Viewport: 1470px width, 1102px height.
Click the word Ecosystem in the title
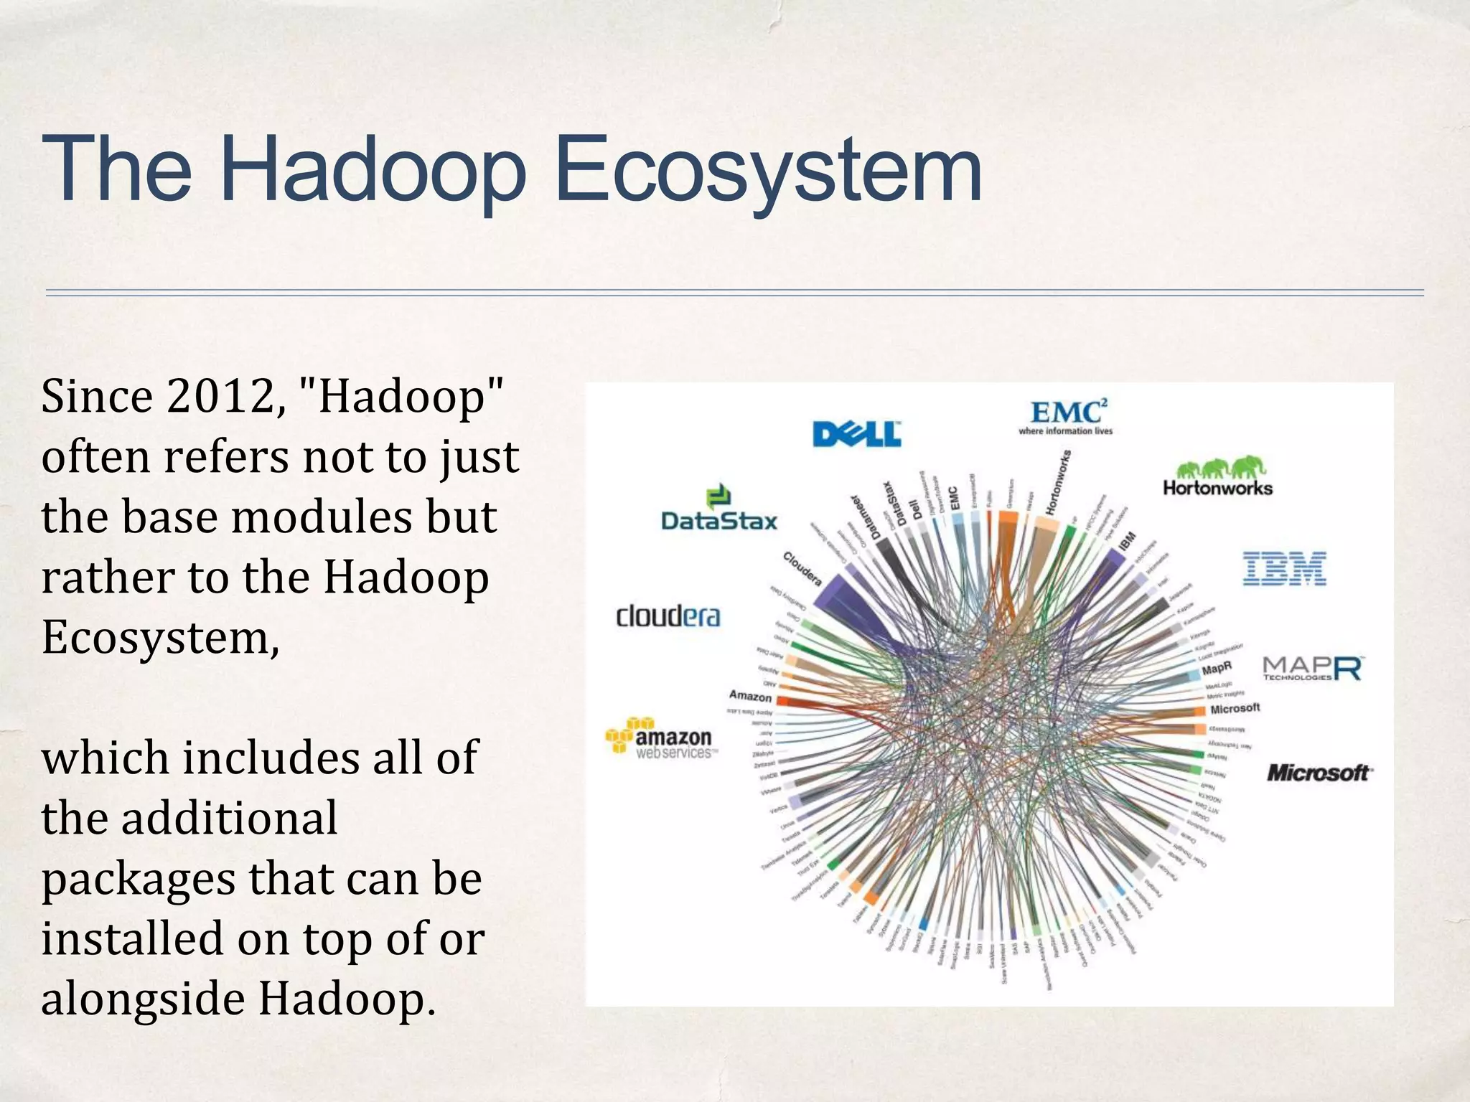pos(768,172)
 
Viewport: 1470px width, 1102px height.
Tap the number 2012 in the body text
pos(220,397)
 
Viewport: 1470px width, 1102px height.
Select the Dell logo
pos(856,434)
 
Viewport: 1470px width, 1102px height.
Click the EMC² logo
pos(1066,416)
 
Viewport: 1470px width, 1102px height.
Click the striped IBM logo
pos(1284,568)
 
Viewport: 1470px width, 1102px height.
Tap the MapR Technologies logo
pos(1313,668)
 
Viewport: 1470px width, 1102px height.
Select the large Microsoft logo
pos(1319,773)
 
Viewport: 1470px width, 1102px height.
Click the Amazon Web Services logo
pos(660,738)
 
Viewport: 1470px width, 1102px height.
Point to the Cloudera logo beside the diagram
pos(668,616)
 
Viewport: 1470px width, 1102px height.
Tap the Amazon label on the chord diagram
pos(750,696)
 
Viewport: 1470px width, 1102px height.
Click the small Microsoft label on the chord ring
pos(1235,709)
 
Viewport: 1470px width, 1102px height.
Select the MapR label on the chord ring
pos(1217,669)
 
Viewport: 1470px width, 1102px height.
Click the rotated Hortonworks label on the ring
pos(1059,483)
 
